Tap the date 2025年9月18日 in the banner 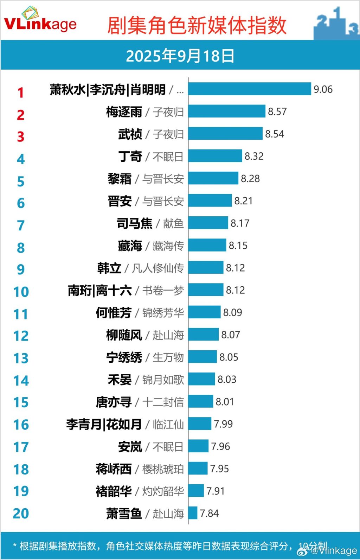click(x=180, y=56)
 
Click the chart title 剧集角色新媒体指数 click(x=197, y=26)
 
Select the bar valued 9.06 click(x=250, y=89)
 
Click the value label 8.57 click(x=277, y=112)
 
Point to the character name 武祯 click(x=130, y=134)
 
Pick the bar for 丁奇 click(x=215, y=156)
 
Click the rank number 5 click(x=21, y=182)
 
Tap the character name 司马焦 click(x=135, y=223)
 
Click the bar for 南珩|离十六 click(x=206, y=290)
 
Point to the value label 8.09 click(x=232, y=312)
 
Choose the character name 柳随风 click(x=124, y=335)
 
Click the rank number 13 click(x=21, y=358)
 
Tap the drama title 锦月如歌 click(x=163, y=380)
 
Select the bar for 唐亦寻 click(x=201, y=401)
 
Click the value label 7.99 click(x=223, y=424)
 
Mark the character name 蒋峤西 click(x=114, y=469)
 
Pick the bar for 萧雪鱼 click(x=193, y=513)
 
